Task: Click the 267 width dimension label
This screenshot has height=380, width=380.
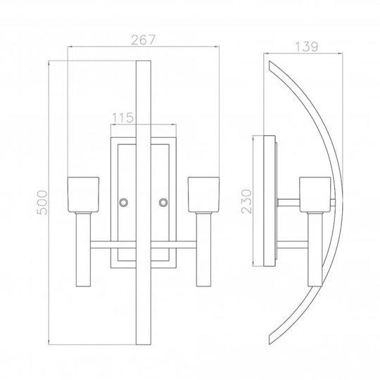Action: (x=143, y=40)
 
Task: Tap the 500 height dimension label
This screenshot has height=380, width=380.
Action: (x=42, y=203)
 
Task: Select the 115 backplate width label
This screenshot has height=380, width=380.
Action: (x=122, y=118)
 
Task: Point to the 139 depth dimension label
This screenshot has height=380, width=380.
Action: (x=306, y=46)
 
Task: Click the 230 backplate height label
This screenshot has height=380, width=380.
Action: (x=247, y=201)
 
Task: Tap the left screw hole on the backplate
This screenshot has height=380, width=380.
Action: (x=124, y=203)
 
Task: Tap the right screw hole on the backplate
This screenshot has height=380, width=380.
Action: (x=163, y=203)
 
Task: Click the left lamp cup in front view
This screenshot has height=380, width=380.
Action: (x=83, y=195)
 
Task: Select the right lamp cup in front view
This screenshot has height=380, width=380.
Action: (x=203, y=195)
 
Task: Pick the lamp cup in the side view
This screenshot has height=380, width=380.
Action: (x=315, y=195)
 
